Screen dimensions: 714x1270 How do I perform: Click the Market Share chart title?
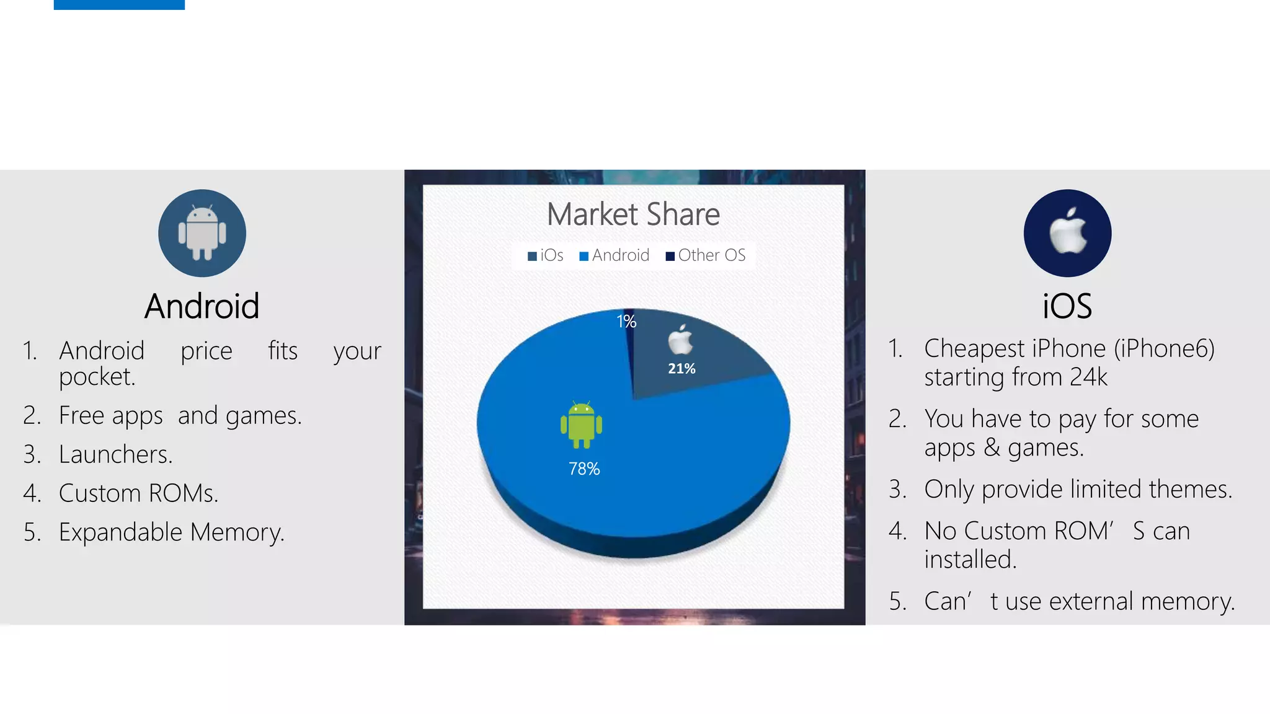pyautogui.click(x=633, y=214)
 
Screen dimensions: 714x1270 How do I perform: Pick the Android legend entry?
pyautogui.click(x=615, y=255)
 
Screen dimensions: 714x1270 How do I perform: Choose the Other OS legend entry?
pyautogui.click(x=706, y=255)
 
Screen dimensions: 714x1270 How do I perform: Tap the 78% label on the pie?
pyautogui.click(x=584, y=469)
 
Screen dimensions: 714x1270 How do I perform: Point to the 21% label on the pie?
pyautogui.click(x=682, y=369)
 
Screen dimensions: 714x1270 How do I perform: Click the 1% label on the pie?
pyautogui.click(x=626, y=321)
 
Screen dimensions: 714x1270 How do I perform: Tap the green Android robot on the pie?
pyautogui.click(x=581, y=425)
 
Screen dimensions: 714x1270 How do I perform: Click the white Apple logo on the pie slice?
pyautogui.click(x=680, y=340)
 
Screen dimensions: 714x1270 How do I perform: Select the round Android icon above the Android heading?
pyautogui.click(x=202, y=233)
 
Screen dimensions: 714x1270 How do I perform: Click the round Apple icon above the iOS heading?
pyautogui.click(x=1067, y=233)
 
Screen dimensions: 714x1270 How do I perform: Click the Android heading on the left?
pyautogui.click(x=202, y=306)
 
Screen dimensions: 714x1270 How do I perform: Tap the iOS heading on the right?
pyautogui.click(x=1067, y=306)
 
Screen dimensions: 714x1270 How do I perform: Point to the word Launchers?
pyautogui.click(x=115, y=454)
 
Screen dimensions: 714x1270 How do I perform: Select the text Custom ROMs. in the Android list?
pyautogui.click(x=138, y=493)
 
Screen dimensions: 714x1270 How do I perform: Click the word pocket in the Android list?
pyautogui.click(x=97, y=377)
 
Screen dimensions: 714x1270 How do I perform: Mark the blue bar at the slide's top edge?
pyautogui.click(x=119, y=4)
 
